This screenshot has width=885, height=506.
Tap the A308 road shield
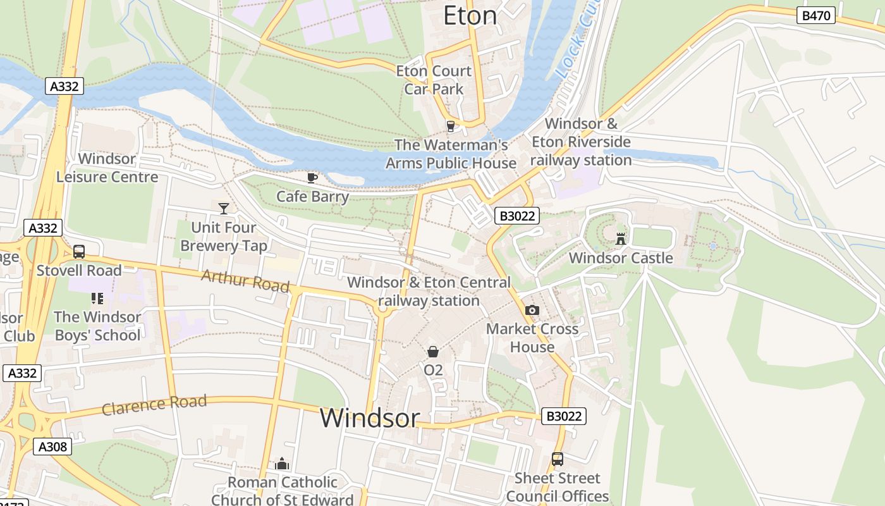click(x=52, y=447)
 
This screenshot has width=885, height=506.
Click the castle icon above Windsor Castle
click(x=621, y=238)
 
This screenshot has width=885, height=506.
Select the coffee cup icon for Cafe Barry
click(x=312, y=178)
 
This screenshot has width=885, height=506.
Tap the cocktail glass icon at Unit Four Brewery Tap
click(x=223, y=208)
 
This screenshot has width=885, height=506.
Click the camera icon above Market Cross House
click(x=532, y=310)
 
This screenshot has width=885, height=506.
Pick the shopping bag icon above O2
click(x=433, y=351)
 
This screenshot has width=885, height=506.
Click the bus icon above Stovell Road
click(x=79, y=251)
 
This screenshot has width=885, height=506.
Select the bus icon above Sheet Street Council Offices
click(x=557, y=459)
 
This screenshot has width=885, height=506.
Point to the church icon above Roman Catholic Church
click(x=282, y=464)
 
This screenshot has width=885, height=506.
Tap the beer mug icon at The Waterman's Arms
click(x=451, y=126)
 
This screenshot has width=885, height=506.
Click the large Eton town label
click(x=470, y=16)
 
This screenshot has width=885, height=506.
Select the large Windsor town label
click(x=369, y=418)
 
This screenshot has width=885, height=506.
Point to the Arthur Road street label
click(x=245, y=280)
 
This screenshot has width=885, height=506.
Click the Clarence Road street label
click(x=154, y=405)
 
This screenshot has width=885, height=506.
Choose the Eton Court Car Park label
click(x=434, y=80)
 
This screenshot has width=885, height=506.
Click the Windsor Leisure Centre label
click(x=107, y=168)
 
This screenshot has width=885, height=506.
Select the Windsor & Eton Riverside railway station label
click(x=581, y=142)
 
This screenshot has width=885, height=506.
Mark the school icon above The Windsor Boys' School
click(x=97, y=297)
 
